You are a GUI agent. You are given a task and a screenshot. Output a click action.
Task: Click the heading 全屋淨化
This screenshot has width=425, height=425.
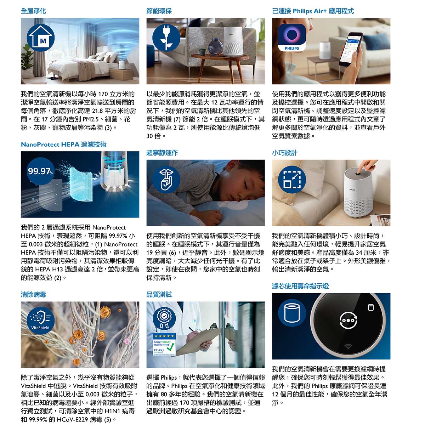coord(33,11)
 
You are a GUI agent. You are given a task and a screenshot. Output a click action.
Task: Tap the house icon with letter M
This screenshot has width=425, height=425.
coord(41,38)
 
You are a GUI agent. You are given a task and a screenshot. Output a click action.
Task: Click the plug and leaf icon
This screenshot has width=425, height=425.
coord(166,38)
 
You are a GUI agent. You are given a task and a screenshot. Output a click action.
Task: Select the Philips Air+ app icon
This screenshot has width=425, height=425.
coord(292,38)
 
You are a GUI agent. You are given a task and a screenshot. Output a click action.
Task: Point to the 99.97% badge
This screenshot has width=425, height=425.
coord(41,171)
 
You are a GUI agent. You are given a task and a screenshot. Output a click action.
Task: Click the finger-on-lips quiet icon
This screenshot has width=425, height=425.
coord(166,180)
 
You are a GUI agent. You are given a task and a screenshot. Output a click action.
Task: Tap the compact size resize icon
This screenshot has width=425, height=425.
coord(292,180)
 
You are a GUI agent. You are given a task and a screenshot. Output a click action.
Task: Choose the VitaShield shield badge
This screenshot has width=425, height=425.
coord(41,321)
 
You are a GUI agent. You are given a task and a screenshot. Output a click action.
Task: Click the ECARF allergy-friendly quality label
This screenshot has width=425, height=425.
coord(164,344)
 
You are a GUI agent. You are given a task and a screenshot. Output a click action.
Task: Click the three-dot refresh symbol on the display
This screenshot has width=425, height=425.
coord(348,320)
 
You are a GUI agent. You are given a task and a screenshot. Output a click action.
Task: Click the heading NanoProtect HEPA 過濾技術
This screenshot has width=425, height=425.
coord(63,144)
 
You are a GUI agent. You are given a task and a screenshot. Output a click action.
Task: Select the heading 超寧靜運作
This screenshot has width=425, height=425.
coord(162,153)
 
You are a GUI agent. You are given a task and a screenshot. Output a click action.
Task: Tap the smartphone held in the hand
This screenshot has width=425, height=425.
coord(351,49)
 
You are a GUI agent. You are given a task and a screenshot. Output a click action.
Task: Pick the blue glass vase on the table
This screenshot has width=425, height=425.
coord(216,47)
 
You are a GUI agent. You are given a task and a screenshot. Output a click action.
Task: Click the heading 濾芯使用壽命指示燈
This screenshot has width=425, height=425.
coord(300,286)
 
